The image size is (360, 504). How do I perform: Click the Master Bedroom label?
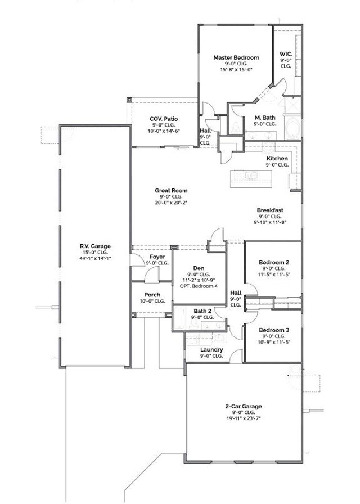pos(236,57)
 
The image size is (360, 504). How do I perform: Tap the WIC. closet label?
pos(285,55)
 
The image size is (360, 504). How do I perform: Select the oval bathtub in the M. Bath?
pos(294,128)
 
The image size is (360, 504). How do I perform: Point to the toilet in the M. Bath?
pos(236,129)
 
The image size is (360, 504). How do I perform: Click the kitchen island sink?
pos(251,176)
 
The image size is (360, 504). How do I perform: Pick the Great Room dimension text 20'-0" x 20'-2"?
pos(172,202)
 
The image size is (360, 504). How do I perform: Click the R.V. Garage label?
pos(94,246)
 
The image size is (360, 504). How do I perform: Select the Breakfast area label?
pos(270,210)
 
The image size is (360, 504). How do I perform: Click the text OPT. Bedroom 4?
pos(198,286)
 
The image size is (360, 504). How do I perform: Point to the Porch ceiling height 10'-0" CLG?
pos(152,301)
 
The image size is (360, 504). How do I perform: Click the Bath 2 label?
pos(202,310)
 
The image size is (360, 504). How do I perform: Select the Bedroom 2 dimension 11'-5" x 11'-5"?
pos(274,274)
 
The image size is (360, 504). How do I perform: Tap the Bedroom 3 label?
pos(274,330)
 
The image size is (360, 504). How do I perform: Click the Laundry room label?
pos(211,349)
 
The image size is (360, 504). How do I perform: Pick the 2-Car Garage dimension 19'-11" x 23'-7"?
pos(244,418)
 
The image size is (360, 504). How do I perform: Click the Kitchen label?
pos(277,159)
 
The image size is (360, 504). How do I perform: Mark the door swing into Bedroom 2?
pos(251,288)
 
